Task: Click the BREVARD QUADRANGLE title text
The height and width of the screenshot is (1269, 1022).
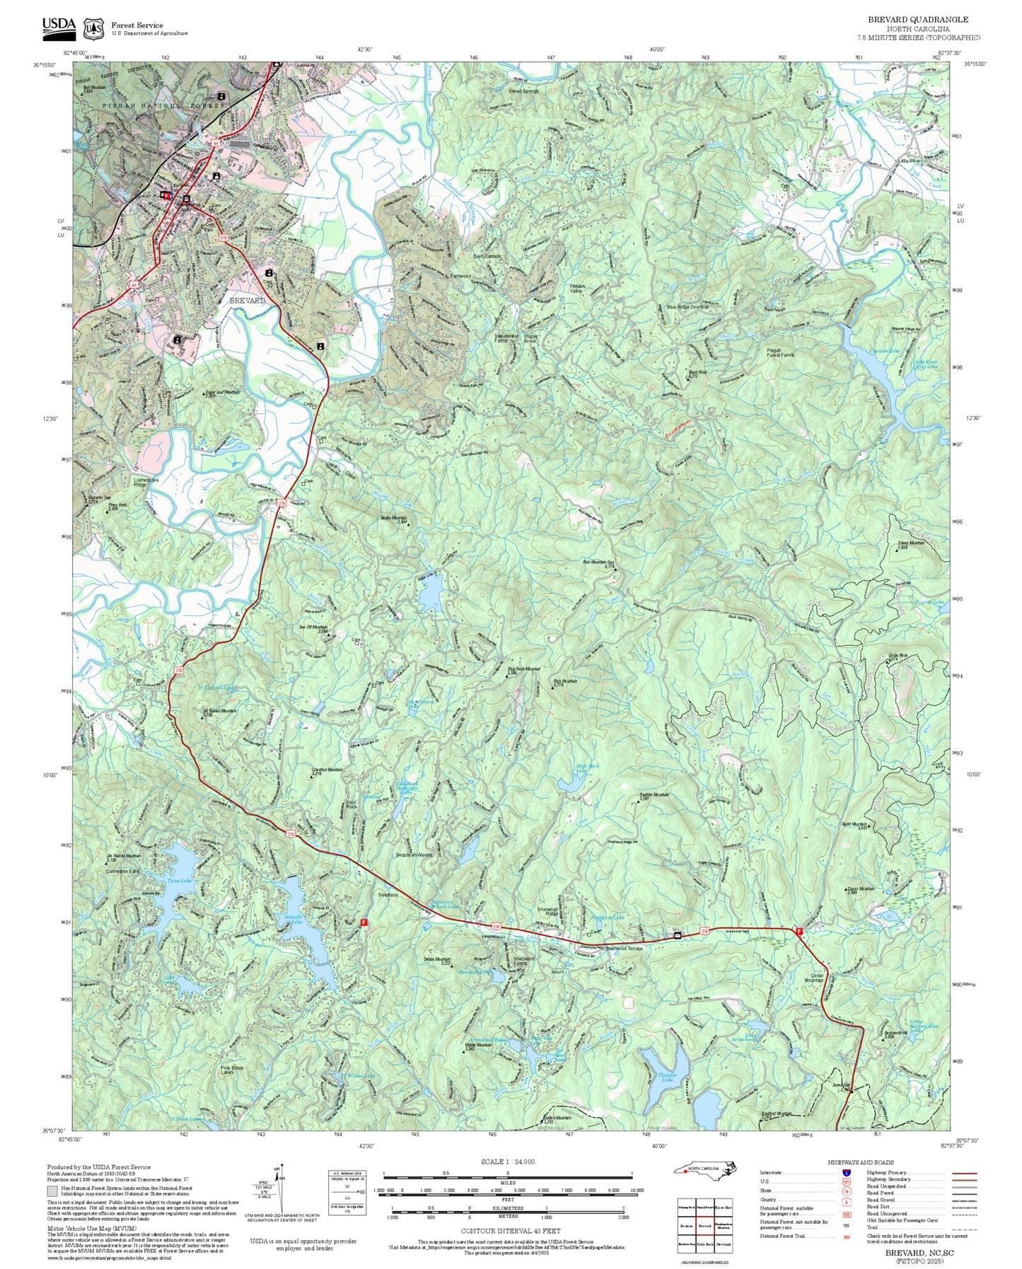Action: (x=918, y=19)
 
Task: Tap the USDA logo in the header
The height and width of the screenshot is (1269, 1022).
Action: (x=59, y=25)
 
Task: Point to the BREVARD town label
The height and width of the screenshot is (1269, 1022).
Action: (x=248, y=301)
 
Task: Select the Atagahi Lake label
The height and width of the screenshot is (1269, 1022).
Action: (x=293, y=920)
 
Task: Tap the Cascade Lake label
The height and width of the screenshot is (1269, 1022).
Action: (x=884, y=351)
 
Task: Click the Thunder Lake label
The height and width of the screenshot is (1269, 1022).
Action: (x=668, y=1077)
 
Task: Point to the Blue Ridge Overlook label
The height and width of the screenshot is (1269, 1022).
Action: (x=687, y=307)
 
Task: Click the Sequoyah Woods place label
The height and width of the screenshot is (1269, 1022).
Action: (x=414, y=854)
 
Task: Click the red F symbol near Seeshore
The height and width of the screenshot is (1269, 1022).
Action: (x=364, y=922)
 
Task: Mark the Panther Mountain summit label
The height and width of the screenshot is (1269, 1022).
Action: (x=654, y=796)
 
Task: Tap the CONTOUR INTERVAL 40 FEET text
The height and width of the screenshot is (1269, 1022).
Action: (x=507, y=1231)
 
